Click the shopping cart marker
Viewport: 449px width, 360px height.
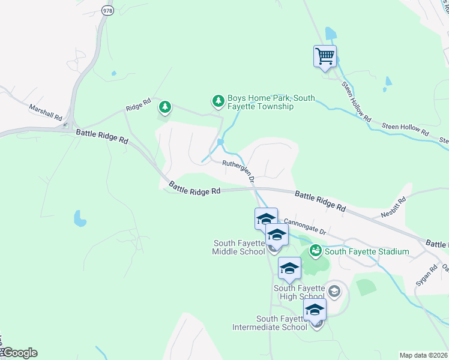[325, 57]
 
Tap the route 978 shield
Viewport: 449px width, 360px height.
[107, 11]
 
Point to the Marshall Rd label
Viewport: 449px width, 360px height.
[46, 113]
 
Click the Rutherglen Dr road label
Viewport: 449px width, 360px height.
[240, 170]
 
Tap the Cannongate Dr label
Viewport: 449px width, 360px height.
[304, 226]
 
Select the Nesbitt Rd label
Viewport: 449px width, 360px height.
[394, 208]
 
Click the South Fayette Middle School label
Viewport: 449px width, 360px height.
[239, 247]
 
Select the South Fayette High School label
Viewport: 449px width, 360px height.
[299, 292]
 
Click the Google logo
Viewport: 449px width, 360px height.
[19, 353]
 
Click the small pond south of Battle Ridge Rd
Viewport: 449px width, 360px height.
[79, 218]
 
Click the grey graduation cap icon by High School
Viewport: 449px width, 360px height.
[334, 292]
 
